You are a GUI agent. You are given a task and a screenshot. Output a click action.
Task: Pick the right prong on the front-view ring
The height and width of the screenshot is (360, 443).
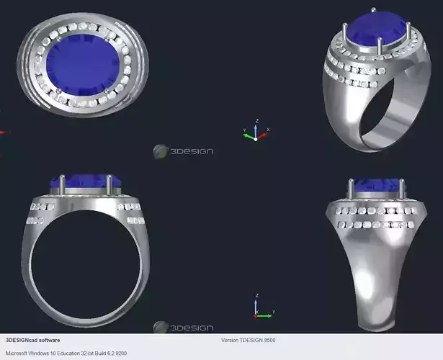(109, 184)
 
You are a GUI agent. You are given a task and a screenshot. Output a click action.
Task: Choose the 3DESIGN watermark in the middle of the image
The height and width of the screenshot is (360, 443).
(183, 151)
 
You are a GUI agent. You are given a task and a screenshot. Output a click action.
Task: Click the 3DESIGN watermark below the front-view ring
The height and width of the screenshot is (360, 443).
(183, 328)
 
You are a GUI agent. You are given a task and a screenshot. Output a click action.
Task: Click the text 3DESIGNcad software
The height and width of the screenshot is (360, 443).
(33, 340)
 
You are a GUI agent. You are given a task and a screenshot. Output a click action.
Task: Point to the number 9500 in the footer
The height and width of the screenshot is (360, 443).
(269, 340)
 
